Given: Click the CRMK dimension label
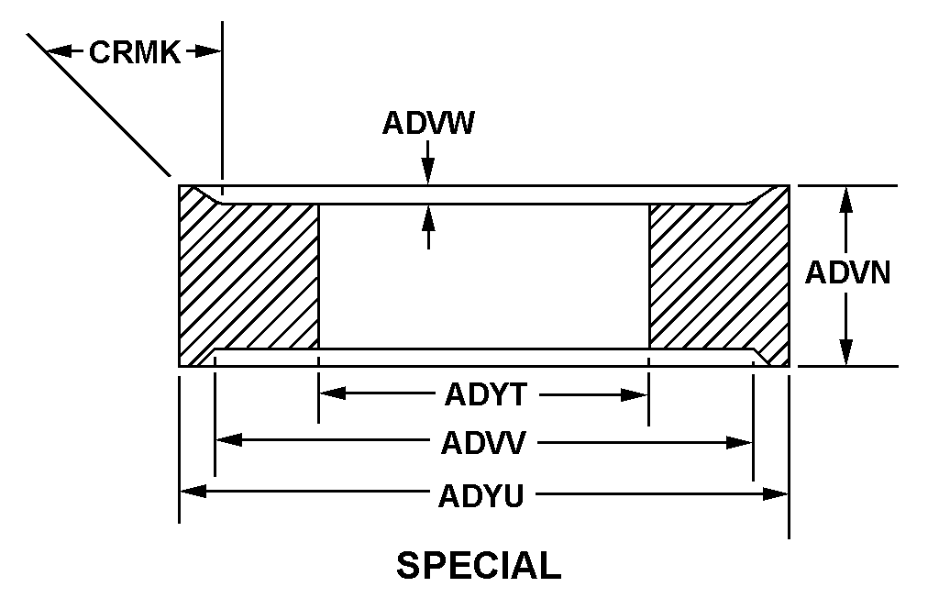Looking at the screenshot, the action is point(135,52).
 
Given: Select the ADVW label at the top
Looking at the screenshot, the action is point(428,124).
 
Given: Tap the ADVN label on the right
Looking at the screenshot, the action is point(847,272).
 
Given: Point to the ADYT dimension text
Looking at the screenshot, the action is point(486,395).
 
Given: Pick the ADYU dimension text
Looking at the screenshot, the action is point(481,495).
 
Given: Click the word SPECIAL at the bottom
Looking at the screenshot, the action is point(479,566).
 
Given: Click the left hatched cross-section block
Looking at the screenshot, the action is point(249,276).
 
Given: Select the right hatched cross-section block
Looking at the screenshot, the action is point(719,276).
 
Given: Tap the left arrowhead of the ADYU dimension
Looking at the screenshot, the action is point(193,492).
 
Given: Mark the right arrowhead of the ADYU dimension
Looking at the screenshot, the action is point(775,494).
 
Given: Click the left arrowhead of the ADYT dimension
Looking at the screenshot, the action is point(332,393).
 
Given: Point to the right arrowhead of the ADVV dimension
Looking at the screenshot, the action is point(739,443).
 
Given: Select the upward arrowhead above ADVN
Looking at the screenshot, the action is point(845,200).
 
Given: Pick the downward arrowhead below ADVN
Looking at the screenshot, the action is point(845,351).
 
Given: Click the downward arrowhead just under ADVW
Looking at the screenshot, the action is point(427,172).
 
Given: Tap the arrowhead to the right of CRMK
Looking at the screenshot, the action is point(208,51).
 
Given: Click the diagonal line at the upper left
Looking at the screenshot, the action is point(99,105).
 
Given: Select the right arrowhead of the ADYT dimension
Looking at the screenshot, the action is point(635,395).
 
